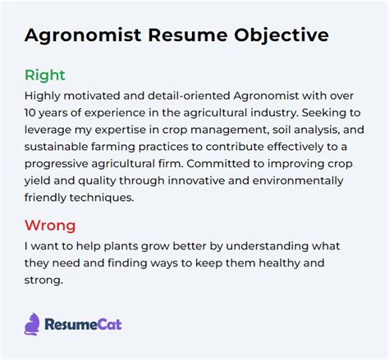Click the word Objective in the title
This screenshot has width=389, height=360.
[x=281, y=36]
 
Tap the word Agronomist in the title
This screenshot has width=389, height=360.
[x=83, y=36]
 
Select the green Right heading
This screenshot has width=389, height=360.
[x=45, y=75]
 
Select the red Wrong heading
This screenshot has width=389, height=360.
[x=50, y=226]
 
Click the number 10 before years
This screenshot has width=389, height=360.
[x=30, y=112]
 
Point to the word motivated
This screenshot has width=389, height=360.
[x=92, y=96]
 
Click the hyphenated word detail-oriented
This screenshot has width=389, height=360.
[x=189, y=96]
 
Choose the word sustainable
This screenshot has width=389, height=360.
[x=56, y=147]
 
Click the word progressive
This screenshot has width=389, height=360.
[x=56, y=164]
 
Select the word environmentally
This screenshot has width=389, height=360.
[x=298, y=181]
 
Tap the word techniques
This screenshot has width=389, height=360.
[x=102, y=198]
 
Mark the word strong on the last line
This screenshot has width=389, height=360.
[x=43, y=280]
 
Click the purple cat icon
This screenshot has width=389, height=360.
[x=32, y=324]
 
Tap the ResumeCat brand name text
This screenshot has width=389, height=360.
[x=83, y=325]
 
